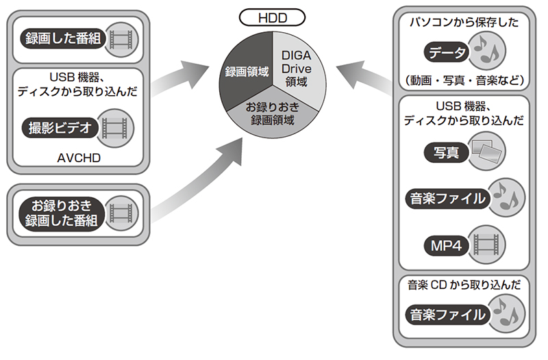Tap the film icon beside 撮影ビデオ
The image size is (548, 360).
point(114,127)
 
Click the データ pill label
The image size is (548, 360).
point(447,51)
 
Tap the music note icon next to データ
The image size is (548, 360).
point(488,51)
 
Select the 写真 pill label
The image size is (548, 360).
point(446,153)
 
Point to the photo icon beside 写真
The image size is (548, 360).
point(487,152)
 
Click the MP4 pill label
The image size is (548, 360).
point(447,244)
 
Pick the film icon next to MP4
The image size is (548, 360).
point(488,244)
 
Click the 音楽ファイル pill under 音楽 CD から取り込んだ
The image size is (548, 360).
point(447,316)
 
